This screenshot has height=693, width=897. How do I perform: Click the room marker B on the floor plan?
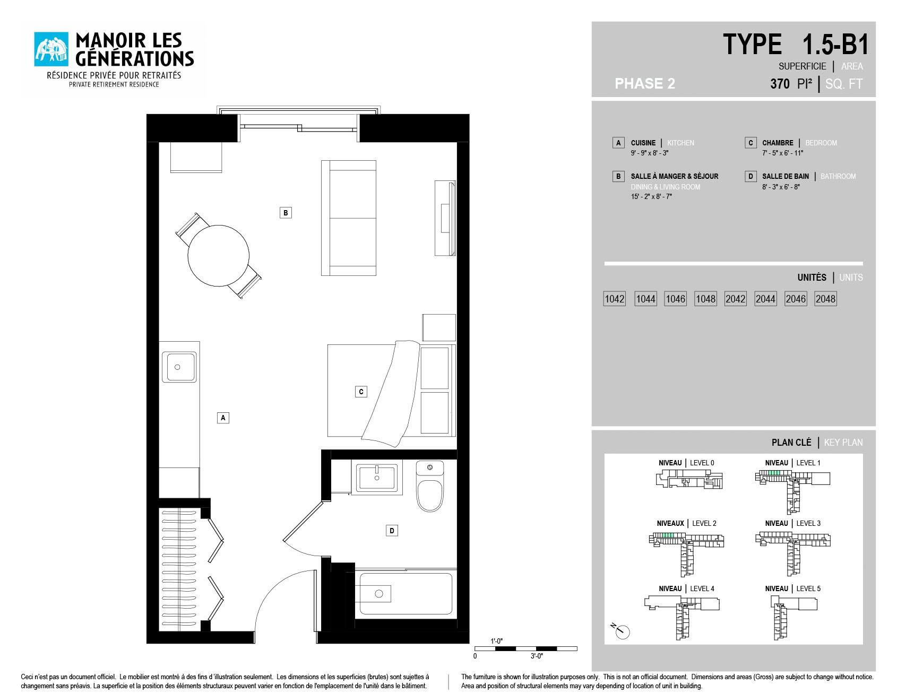pyautogui.click(x=286, y=213)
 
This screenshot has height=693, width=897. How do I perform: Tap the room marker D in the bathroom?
pyautogui.click(x=392, y=530)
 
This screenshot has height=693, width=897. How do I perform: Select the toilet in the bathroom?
pyautogui.click(x=429, y=486)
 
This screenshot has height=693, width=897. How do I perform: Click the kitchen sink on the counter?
pyautogui.click(x=179, y=367)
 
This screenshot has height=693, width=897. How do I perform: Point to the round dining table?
pyautogui.click(x=218, y=255)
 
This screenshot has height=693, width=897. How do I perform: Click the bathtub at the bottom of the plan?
pyautogui.click(x=406, y=594)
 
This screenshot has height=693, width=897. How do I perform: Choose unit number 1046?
pyautogui.click(x=675, y=299)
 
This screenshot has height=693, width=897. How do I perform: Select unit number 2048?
pyautogui.click(x=825, y=299)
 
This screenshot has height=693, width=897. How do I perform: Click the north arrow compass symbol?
pyautogui.click(x=620, y=630)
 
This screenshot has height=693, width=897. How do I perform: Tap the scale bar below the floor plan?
pyautogui.click(x=525, y=648)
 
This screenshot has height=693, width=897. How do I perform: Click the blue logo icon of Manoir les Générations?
pyautogui.click(x=51, y=49)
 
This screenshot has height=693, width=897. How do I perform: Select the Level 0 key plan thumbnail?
pyautogui.click(x=689, y=479)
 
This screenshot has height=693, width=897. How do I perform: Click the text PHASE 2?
pyautogui.click(x=645, y=83)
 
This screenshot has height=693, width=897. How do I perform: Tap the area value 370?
pyautogui.click(x=780, y=84)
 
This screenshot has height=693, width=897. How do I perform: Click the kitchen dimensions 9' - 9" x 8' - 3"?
pyautogui.click(x=650, y=153)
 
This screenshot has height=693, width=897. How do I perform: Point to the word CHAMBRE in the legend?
pyautogui.click(x=778, y=143)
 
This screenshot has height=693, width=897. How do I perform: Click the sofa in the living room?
pyautogui.click(x=349, y=218)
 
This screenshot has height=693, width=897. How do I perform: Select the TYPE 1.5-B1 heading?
pyautogui.click(x=796, y=44)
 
